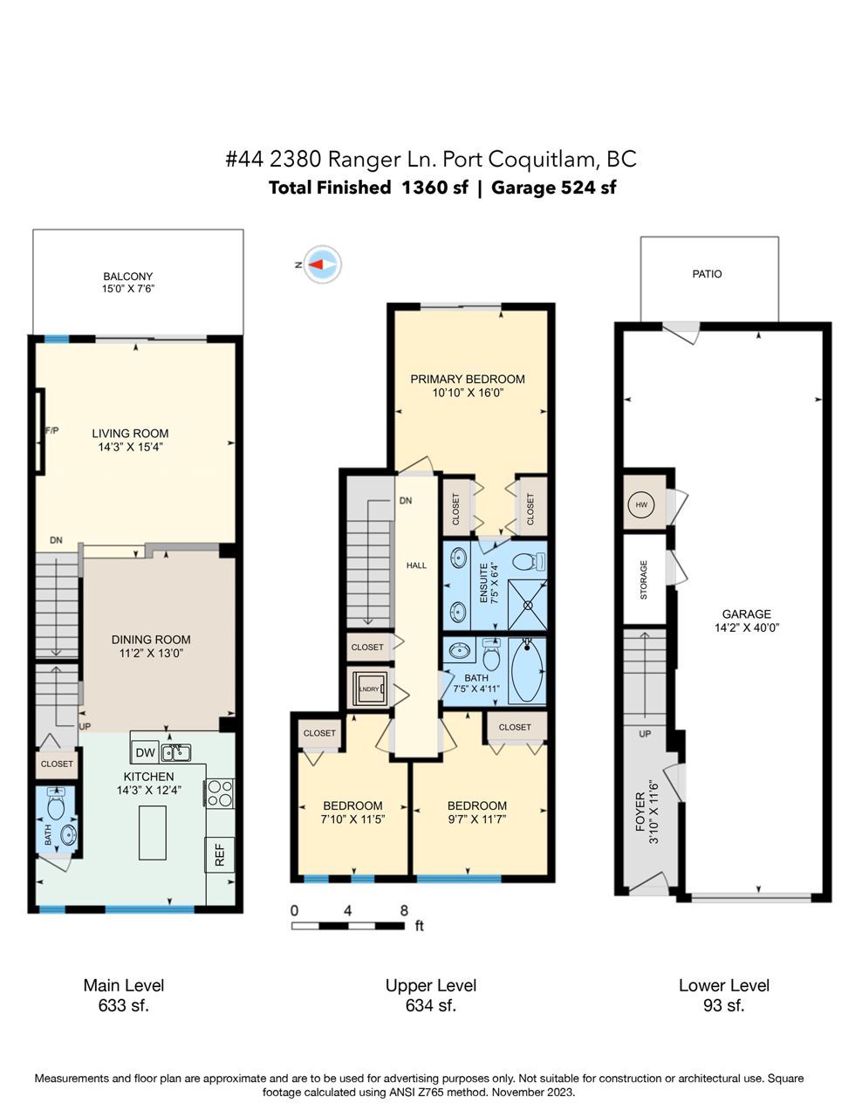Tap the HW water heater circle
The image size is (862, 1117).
coord(641,504)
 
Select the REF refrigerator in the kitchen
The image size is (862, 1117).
coord(219,854)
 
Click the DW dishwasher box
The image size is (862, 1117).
coord(145,752)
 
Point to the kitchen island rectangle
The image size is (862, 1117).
coord(153,833)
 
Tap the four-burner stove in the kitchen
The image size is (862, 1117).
coord(220,793)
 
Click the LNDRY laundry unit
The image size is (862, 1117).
coord(369,689)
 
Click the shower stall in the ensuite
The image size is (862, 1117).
coord(528,605)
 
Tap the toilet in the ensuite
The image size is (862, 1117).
coord(529,561)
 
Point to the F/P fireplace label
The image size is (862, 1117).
coord(51,430)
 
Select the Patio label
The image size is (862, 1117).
coord(707,274)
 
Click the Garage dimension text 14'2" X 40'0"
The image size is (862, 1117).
coord(747,627)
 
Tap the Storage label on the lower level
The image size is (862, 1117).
coord(644,579)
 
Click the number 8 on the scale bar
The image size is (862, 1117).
coord(404,910)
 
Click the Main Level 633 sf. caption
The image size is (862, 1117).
coord(124,995)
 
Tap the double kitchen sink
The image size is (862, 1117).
coord(176,753)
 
